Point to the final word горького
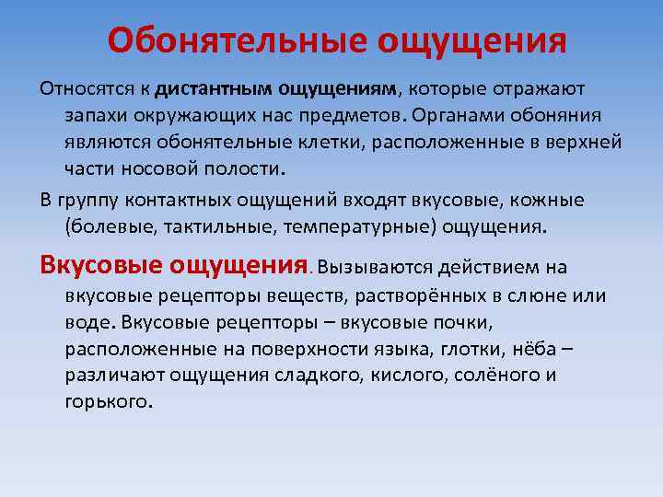coord(106,402)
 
